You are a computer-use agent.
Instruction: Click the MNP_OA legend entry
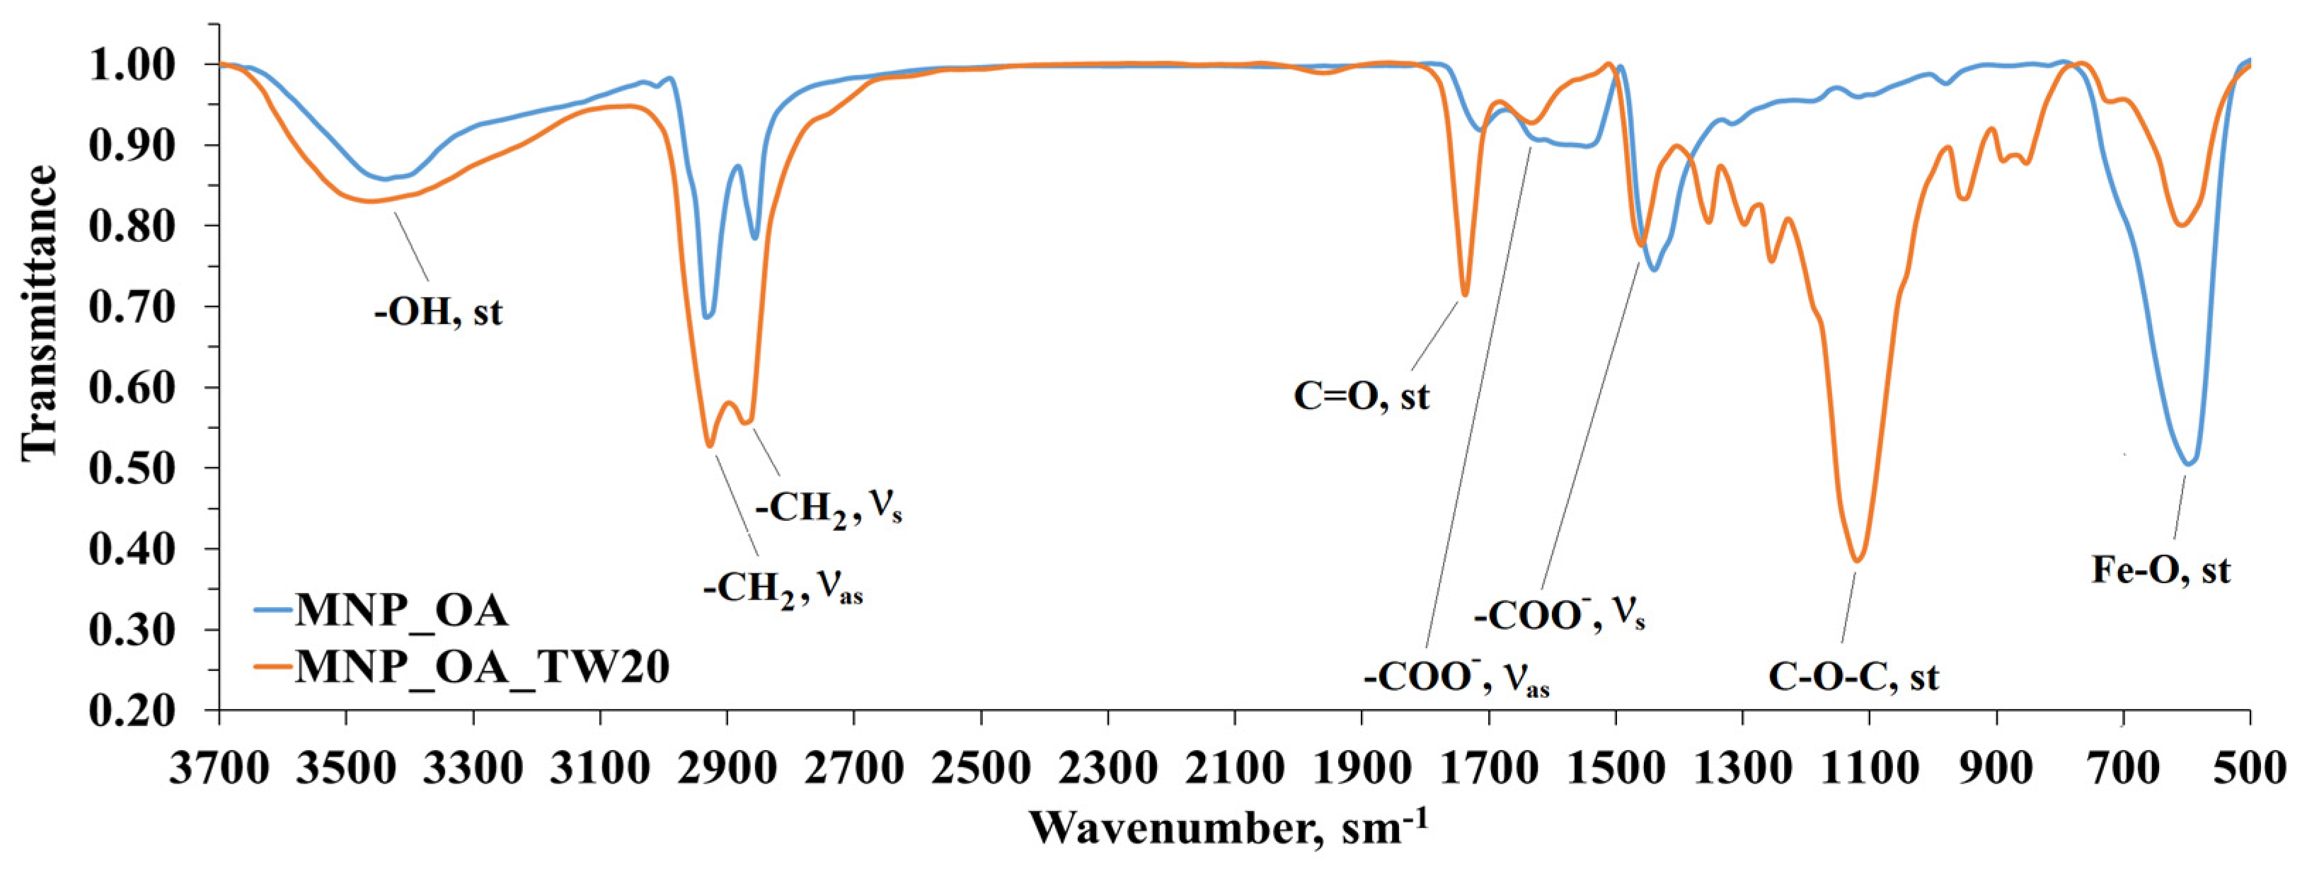click(401, 611)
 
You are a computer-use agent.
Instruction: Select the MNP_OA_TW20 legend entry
click(482, 667)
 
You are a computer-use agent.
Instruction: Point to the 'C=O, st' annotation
click(1362, 396)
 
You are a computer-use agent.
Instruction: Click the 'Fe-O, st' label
click(2160, 570)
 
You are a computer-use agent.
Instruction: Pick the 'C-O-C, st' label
click(1853, 677)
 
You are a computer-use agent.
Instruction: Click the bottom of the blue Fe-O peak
click(2182, 464)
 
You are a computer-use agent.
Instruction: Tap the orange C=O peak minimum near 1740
click(1465, 294)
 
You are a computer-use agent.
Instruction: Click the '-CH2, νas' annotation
click(783, 590)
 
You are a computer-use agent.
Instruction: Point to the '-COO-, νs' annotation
click(1559, 616)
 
